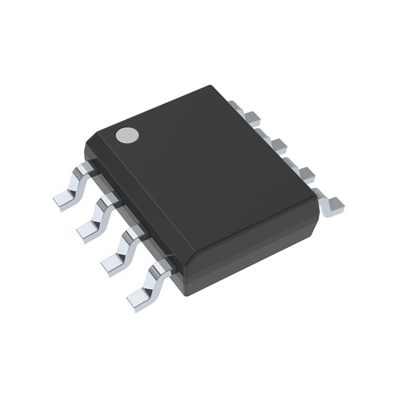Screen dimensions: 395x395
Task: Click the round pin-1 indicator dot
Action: [x=127, y=135]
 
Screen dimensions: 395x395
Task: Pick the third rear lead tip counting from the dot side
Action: [x=306, y=173]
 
